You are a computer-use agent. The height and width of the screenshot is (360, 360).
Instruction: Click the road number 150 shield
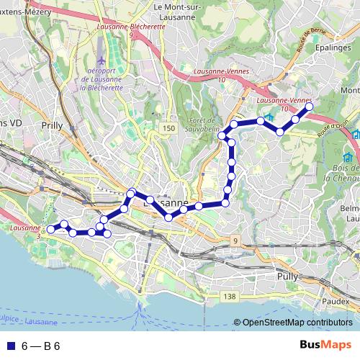point(168,127)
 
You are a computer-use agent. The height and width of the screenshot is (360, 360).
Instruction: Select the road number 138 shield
point(230,296)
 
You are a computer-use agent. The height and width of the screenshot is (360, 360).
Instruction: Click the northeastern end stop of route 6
point(310,107)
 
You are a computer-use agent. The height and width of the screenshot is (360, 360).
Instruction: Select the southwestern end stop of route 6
point(50,230)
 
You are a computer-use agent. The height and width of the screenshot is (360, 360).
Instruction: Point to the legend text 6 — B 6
point(41,346)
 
